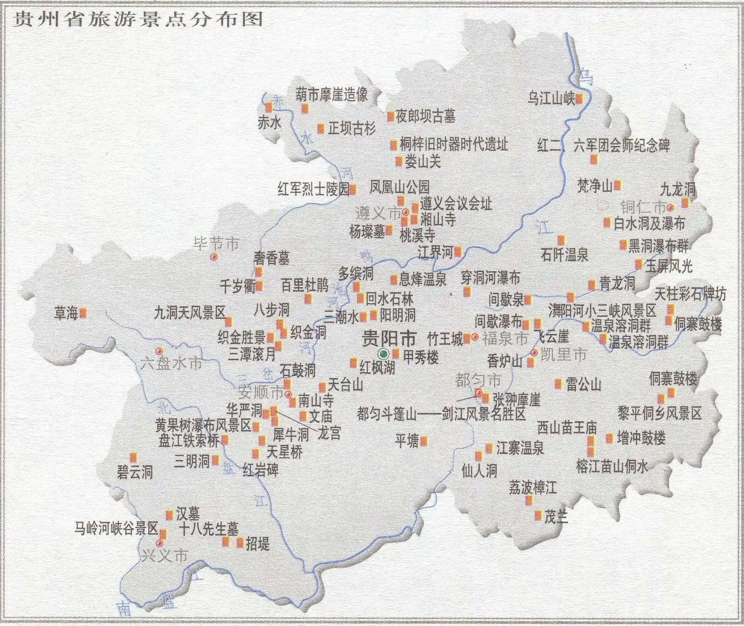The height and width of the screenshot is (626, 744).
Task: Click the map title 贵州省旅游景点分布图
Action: click(138, 20)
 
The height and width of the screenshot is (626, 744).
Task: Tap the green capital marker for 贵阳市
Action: click(384, 354)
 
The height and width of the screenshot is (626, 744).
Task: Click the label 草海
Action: click(66, 313)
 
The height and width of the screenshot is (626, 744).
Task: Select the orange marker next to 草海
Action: click(83, 313)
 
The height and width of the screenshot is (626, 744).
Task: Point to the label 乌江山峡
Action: click(551, 98)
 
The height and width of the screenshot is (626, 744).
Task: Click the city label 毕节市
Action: click(216, 243)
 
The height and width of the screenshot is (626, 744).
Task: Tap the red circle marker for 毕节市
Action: click(214, 257)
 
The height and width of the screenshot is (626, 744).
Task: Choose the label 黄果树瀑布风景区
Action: click(203, 425)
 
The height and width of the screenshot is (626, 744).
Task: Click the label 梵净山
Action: click(595, 186)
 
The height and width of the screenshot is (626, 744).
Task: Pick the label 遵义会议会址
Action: click(456, 203)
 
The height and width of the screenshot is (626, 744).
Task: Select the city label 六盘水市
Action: click(171, 363)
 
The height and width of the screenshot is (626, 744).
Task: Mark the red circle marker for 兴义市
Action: click(160, 543)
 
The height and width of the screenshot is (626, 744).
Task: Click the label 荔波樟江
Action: click(532, 488)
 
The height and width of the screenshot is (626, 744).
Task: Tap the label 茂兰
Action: click(556, 517)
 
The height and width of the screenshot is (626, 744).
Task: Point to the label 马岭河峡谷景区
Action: click(117, 528)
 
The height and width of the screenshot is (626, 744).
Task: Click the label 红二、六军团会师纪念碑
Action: click(603, 145)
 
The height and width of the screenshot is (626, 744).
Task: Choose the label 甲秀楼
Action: click(421, 357)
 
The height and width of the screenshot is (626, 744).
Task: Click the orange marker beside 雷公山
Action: click(558, 384)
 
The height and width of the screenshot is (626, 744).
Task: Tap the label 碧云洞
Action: click(135, 472)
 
